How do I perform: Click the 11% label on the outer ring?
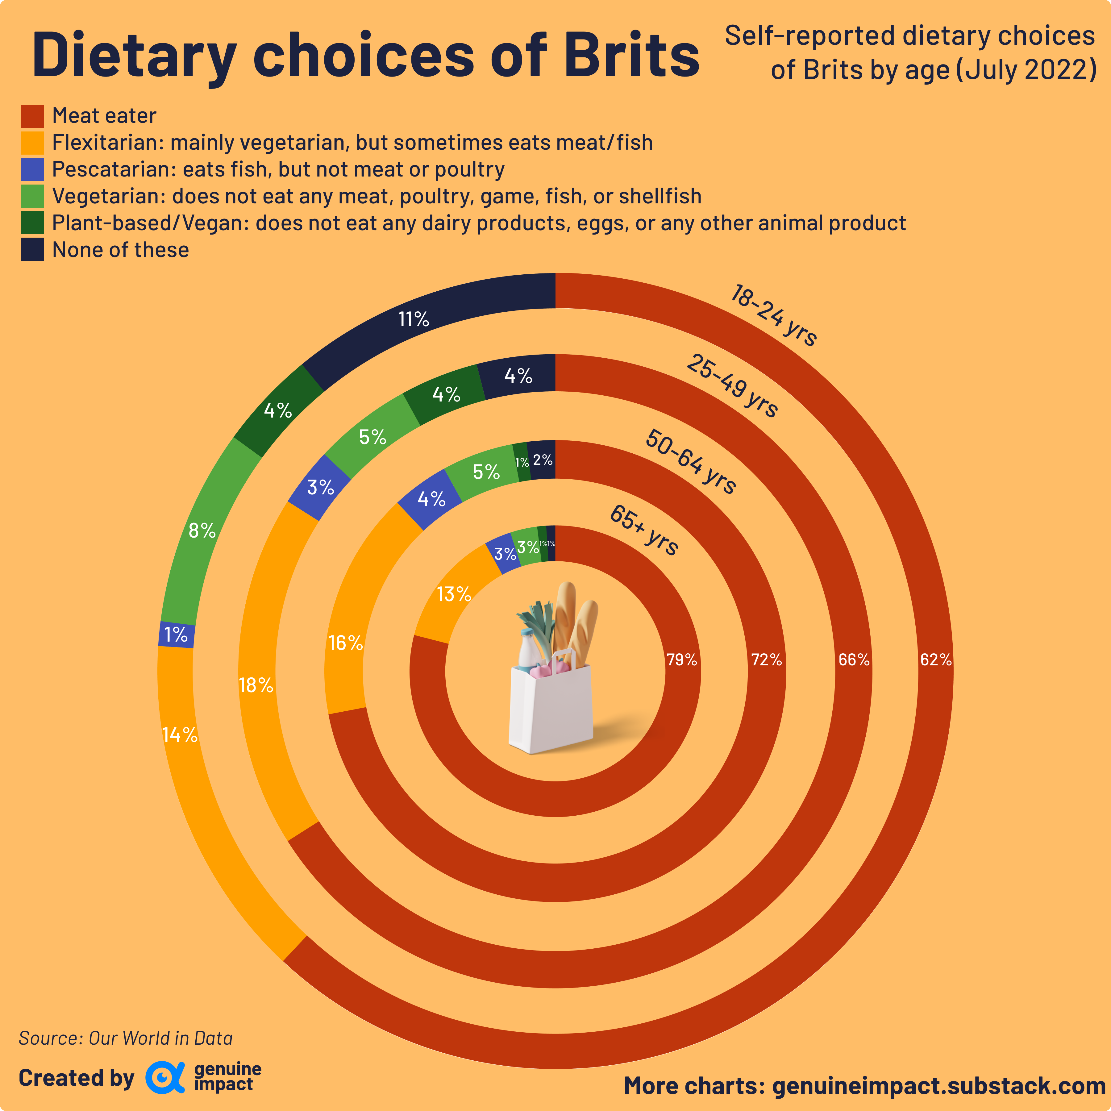click(x=414, y=319)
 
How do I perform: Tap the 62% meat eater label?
click(x=936, y=660)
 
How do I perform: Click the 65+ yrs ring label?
click(x=644, y=530)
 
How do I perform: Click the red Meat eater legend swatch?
click(x=32, y=116)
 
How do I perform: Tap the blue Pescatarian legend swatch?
click(x=32, y=170)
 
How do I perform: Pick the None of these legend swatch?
click(x=32, y=250)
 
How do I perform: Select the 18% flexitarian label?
click(x=256, y=685)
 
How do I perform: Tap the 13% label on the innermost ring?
click(x=454, y=594)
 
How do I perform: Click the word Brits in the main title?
click(x=631, y=55)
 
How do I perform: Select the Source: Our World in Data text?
click(x=125, y=1038)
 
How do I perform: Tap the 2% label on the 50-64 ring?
click(x=542, y=460)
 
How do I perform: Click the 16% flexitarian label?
click(x=346, y=643)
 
